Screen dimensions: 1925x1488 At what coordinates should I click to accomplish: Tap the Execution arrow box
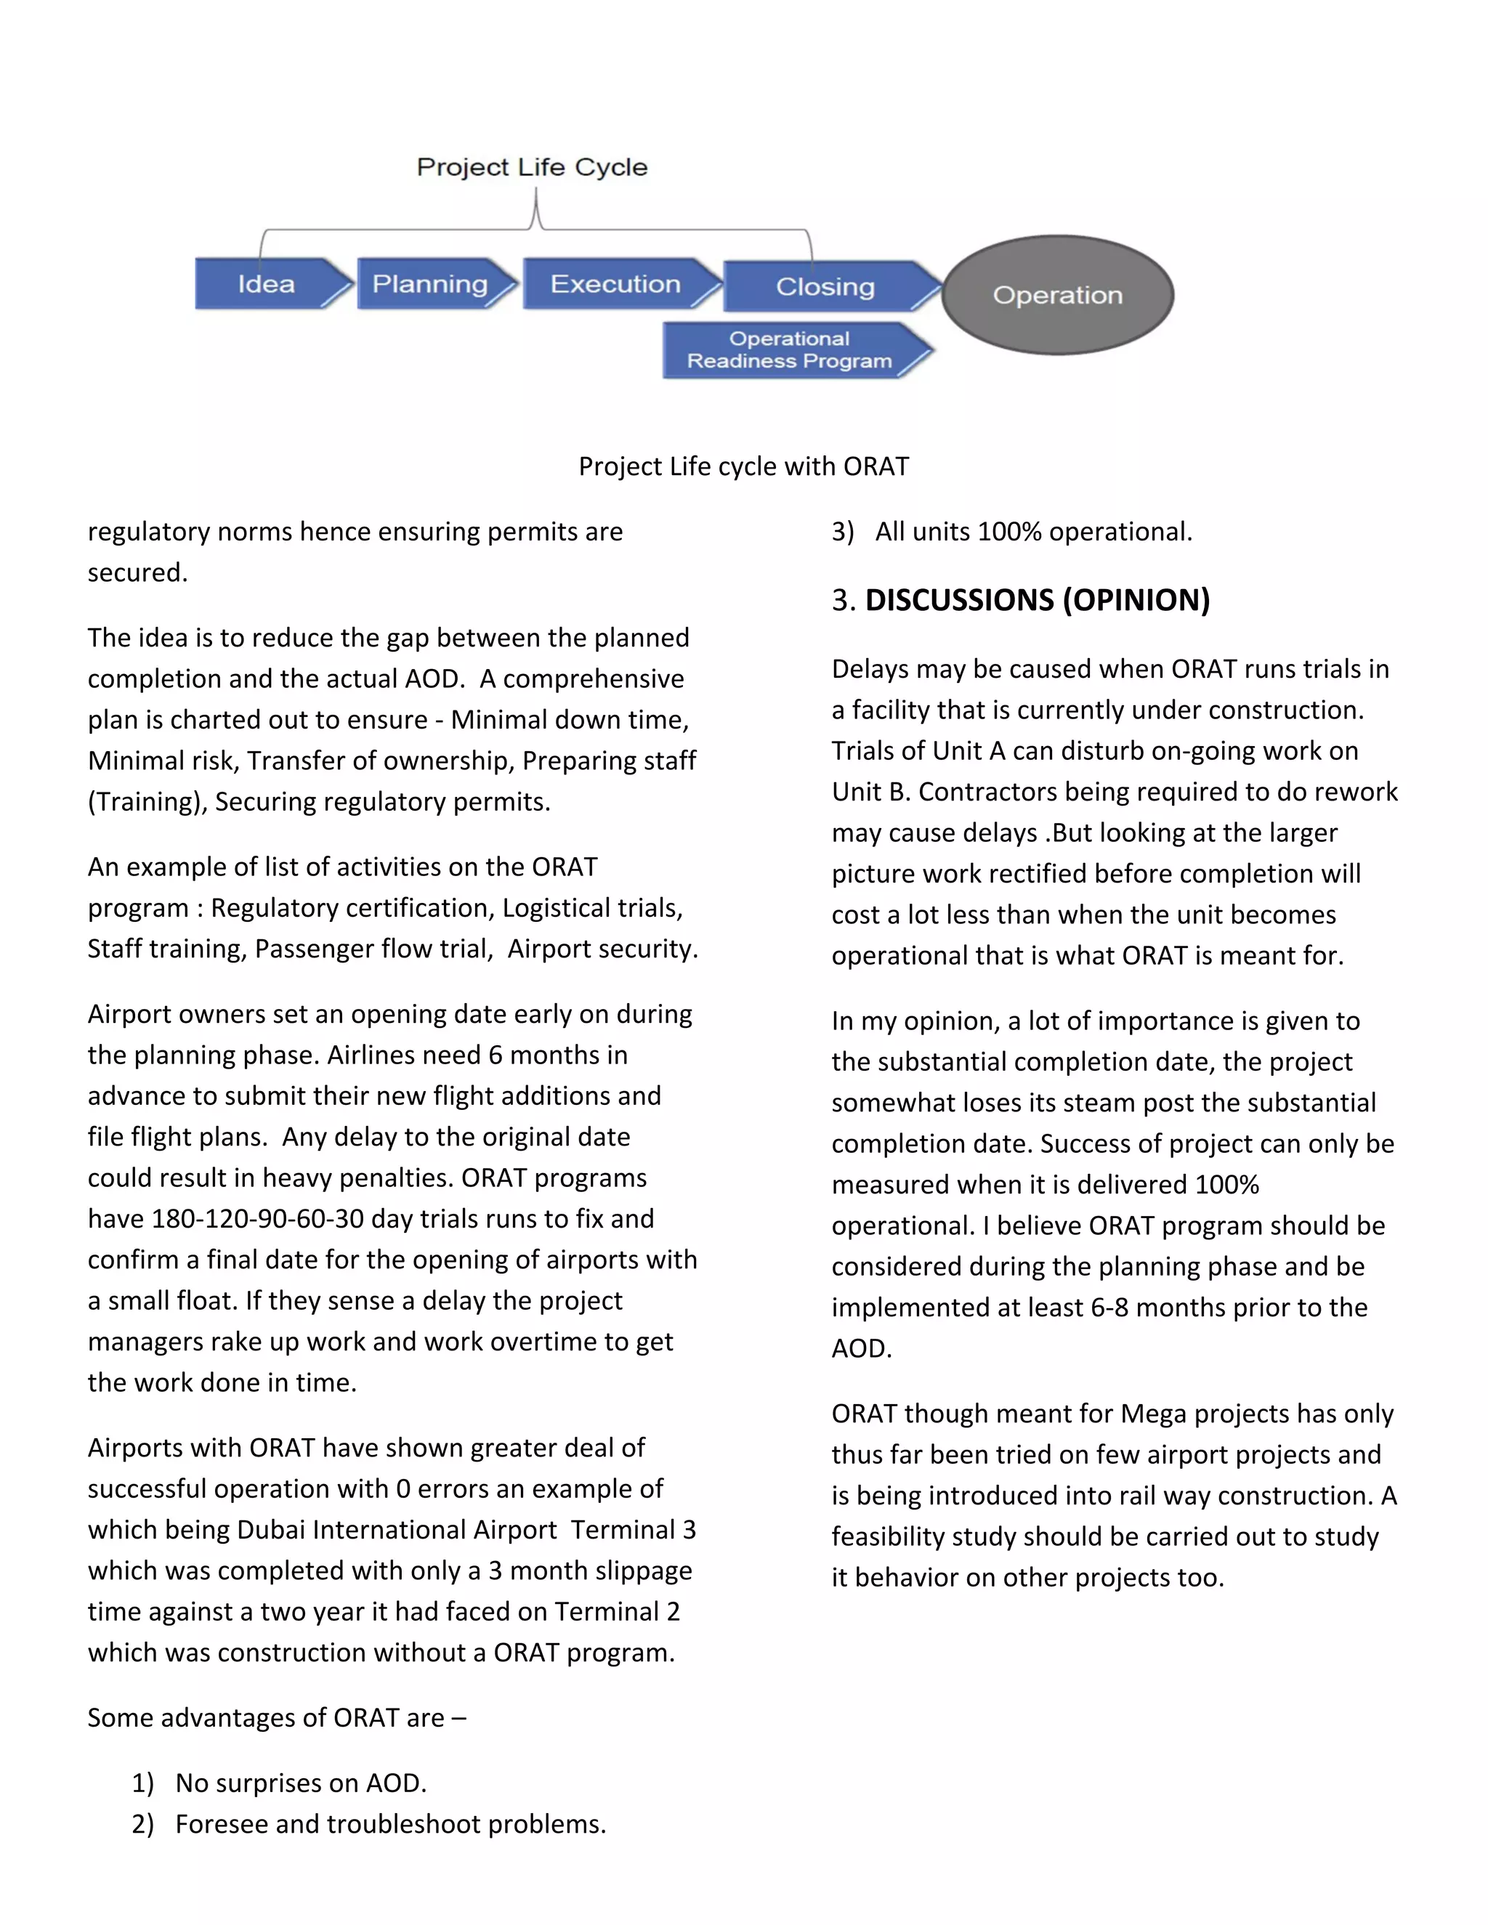[x=615, y=284]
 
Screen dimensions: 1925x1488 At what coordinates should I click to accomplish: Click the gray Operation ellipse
[x=1058, y=295]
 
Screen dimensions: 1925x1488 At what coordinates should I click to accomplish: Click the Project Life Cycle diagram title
[x=532, y=168]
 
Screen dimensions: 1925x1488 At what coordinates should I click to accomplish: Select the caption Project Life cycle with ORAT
[x=743, y=466]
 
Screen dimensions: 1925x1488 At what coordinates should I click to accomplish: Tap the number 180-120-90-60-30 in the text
[x=257, y=1219]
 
